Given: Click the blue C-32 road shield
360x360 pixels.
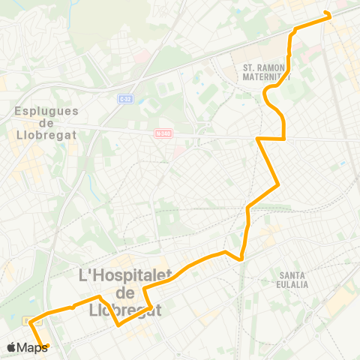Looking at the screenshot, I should click(x=125, y=98).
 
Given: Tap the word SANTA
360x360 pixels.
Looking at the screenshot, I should click(x=292, y=274).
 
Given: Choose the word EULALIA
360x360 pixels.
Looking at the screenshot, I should click(x=292, y=285).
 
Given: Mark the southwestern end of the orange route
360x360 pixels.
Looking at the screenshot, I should click(x=47, y=346).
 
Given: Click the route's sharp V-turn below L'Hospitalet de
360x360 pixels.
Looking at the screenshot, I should click(x=118, y=325).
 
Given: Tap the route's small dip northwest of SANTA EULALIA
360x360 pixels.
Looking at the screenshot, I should click(x=241, y=259).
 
